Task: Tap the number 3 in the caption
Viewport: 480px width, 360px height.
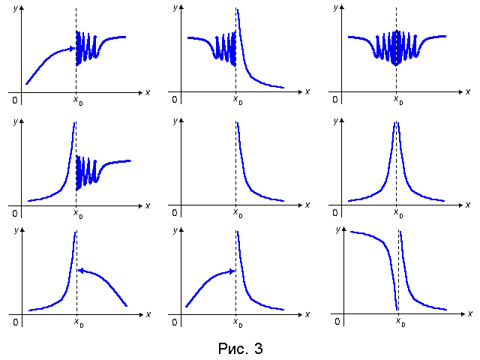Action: [259, 349]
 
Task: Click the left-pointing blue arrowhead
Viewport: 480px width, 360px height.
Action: [81, 270]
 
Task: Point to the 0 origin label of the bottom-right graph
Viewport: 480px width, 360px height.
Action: [337, 321]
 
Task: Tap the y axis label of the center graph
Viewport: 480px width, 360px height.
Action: [175, 121]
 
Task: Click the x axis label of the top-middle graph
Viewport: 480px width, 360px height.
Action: [307, 91]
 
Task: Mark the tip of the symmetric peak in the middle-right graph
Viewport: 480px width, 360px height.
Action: [396, 123]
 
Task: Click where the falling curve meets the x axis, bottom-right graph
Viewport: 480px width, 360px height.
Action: [395, 308]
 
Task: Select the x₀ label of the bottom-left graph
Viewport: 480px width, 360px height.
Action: [77, 322]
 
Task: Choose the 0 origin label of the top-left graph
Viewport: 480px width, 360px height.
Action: [14, 99]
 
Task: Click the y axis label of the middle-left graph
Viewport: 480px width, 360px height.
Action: [15, 121]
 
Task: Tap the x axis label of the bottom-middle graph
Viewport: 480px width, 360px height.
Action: [307, 313]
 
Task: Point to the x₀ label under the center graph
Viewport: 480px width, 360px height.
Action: [237, 213]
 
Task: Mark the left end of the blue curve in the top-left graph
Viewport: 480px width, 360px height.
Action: [27, 83]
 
